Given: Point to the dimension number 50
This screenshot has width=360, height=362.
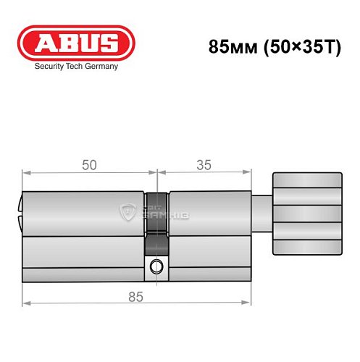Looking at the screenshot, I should pyautogui.click(x=89, y=165).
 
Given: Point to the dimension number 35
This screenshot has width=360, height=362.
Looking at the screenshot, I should pyautogui.click(x=204, y=165).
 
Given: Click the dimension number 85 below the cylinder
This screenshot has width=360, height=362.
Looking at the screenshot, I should pyautogui.click(x=135, y=297).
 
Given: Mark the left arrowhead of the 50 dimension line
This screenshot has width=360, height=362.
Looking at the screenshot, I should pyautogui.click(x=26, y=173).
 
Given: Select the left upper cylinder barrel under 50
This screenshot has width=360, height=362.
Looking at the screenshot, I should pyautogui.click(x=83, y=210).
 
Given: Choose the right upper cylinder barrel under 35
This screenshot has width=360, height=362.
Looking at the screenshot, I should pyautogui.click(x=210, y=210).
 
